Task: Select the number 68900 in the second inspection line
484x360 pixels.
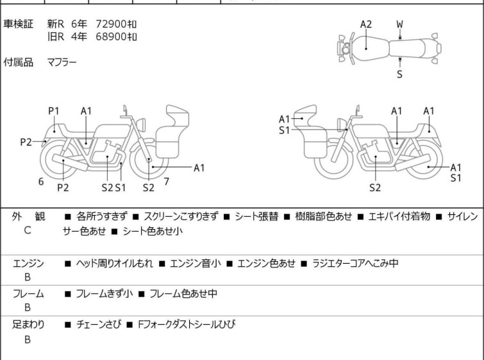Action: (x=110, y=36)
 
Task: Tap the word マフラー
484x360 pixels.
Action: (x=62, y=62)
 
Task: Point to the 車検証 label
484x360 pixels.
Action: (x=19, y=24)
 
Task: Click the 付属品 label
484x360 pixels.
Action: (x=19, y=62)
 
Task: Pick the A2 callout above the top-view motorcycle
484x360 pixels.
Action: (x=365, y=24)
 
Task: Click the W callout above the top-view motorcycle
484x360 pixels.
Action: (x=399, y=24)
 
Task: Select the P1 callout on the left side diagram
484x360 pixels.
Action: (x=54, y=111)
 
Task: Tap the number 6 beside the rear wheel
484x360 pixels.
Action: (x=41, y=182)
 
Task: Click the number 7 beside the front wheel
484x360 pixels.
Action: (x=166, y=182)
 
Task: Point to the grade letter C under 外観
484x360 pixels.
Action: (x=28, y=229)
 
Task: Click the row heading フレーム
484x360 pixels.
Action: (x=28, y=294)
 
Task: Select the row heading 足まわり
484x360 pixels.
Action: (x=28, y=325)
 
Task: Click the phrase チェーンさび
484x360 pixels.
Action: (x=96, y=325)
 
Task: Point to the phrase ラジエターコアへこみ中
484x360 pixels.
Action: (x=355, y=263)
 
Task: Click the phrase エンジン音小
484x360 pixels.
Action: (x=191, y=263)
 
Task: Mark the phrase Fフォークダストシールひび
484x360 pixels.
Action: (x=186, y=325)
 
